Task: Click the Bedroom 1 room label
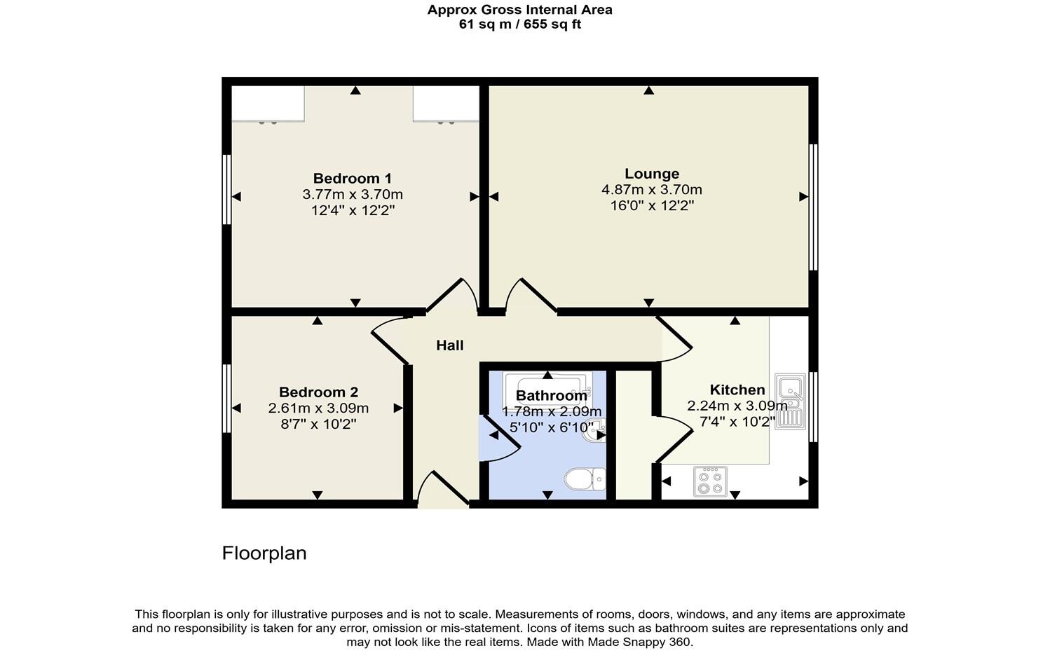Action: coord(352,179)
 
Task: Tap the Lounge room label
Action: coord(652,174)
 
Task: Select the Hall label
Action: coord(449,345)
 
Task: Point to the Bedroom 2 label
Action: coord(318,392)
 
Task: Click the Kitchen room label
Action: coord(737,390)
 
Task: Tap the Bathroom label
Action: coord(551,396)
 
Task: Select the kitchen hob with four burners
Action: coord(709,481)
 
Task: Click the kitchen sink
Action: coord(790,401)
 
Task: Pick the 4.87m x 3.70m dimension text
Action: coord(652,190)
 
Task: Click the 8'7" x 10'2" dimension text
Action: coord(318,424)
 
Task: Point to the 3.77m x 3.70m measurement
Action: coord(352,195)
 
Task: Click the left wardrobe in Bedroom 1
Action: coord(268,104)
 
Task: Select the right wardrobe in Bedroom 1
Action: coord(446,104)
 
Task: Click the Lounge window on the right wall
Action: coord(813,207)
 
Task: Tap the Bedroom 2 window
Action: coord(226,398)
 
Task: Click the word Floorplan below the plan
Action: coord(264,553)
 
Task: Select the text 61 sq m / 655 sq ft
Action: coord(519,25)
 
